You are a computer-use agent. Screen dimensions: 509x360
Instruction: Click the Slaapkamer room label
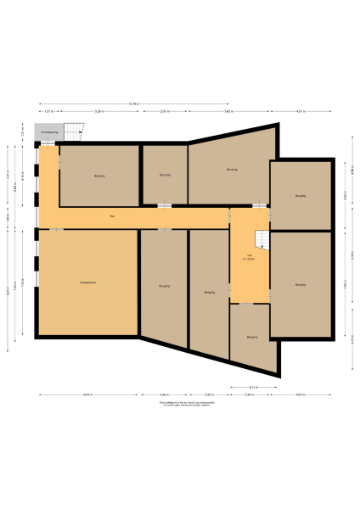[x=87, y=282]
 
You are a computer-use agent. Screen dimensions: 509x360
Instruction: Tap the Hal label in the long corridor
[x=111, y=217]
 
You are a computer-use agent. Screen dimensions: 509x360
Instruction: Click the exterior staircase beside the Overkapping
[x=76, y=131]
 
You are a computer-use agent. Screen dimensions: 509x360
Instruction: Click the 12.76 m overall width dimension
[x=133, y=103]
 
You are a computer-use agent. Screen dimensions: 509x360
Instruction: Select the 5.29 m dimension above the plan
[x=99, y=112]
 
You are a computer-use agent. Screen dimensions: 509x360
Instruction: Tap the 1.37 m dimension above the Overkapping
[x=48, y=112]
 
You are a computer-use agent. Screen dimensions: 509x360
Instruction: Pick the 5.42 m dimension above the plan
[x=229, y=112]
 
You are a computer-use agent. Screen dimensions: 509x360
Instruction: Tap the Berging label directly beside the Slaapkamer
[x=164, y=287]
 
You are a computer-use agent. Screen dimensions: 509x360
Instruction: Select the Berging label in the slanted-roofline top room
[x=232, y=170]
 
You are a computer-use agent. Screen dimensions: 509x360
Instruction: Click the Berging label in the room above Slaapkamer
[x=99, y=176]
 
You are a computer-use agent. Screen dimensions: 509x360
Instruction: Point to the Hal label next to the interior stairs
[x=250, y=256]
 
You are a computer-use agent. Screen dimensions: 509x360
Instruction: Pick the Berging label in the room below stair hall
[x=252, y=337]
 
